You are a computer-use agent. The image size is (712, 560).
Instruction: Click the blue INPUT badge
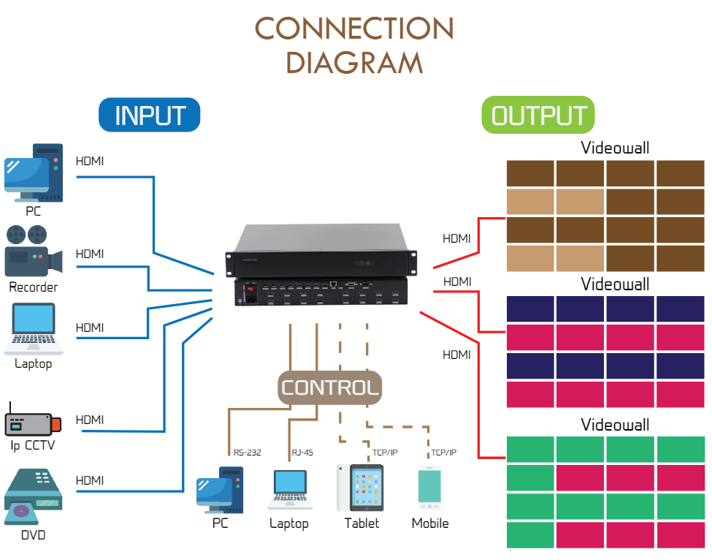pos(150,116)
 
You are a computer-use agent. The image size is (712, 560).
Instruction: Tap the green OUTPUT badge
pos(539,116)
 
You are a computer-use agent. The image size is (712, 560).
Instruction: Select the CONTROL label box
pos(330,387)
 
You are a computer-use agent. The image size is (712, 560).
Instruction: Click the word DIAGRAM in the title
pos(354,63)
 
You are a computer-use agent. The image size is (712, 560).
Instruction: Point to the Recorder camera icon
pos(33,251)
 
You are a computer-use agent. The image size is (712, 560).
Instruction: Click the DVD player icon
pos(33,497)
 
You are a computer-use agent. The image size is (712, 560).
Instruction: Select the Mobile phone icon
pos(429,488)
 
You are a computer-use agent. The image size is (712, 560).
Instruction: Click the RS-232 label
pos(248,453)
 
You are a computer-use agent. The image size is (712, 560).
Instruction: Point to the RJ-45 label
pos(302,453)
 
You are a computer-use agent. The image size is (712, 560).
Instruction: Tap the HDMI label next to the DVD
pos(90,480)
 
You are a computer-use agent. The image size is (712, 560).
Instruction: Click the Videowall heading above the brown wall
pos(615,148)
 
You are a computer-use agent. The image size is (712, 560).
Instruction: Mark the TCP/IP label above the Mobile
pos(443,453)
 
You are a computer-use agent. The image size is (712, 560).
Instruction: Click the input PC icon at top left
pos(34,174)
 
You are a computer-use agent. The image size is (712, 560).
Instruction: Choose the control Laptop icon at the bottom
pos(289,489)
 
